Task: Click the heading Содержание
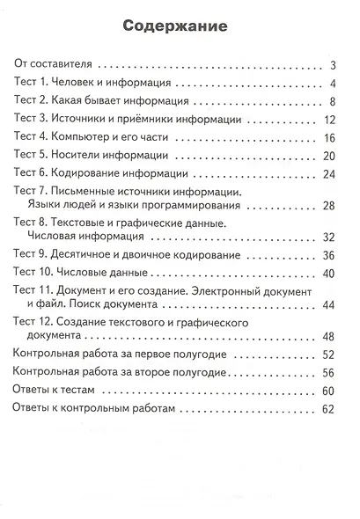(x=179, y=26)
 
